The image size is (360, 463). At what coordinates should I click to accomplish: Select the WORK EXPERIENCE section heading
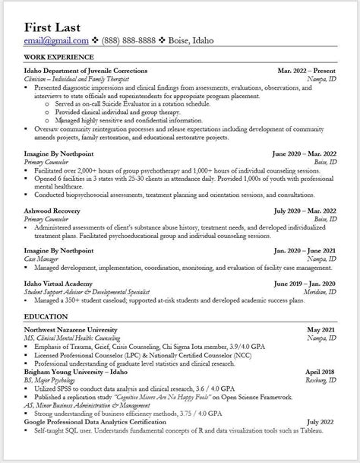[x=59, y=57]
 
